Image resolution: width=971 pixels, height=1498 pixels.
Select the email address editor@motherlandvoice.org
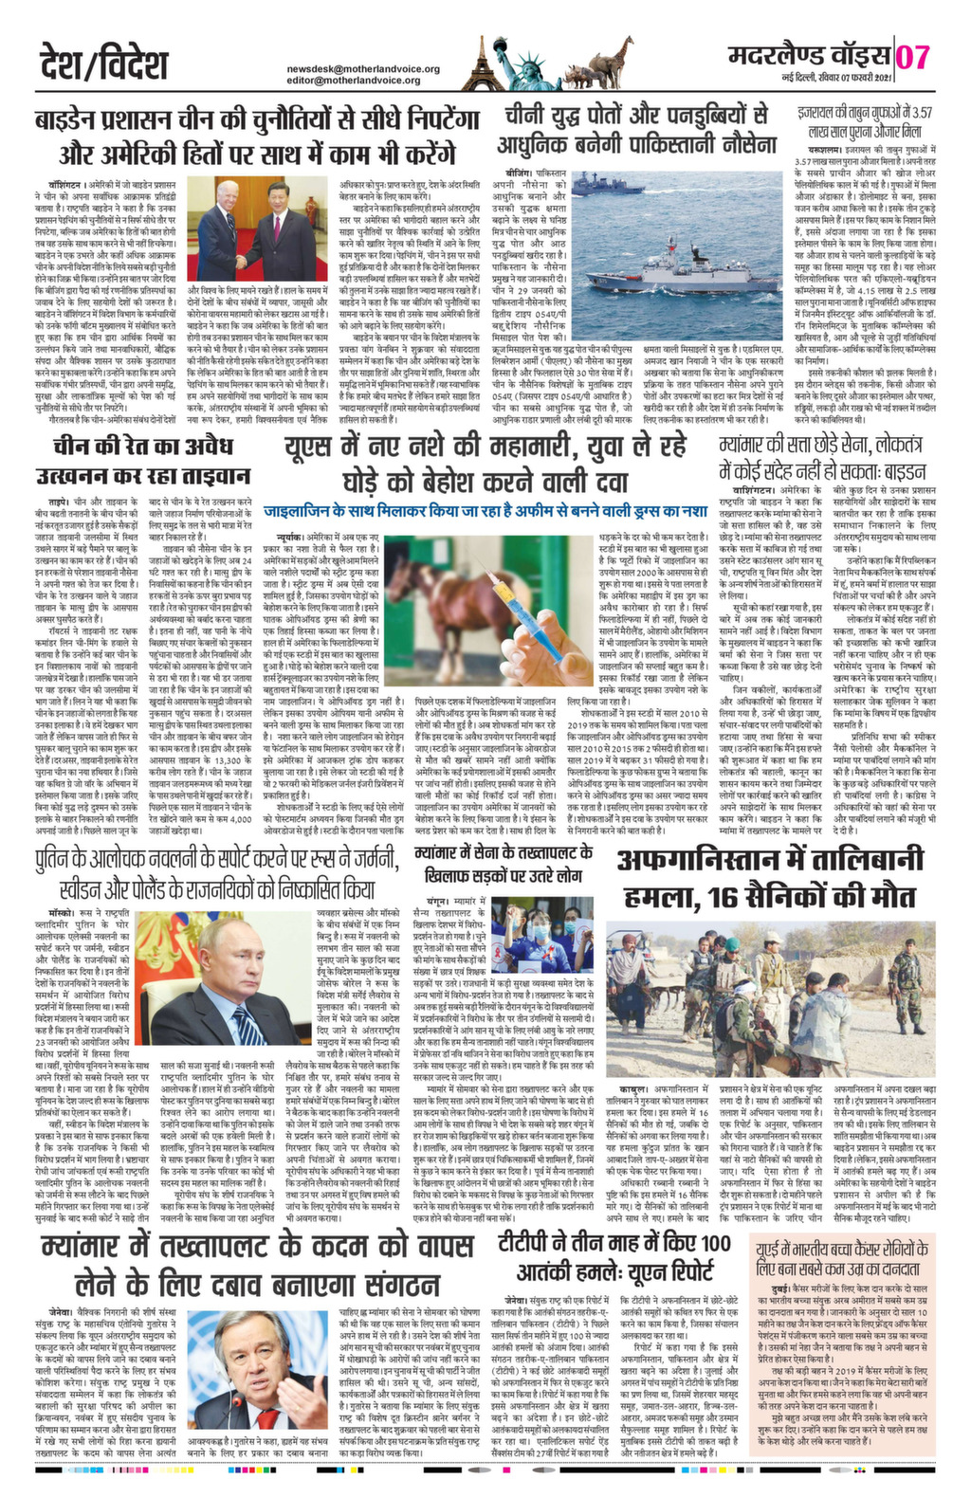point(354,81)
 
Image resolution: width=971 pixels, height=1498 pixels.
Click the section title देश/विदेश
point(105,64)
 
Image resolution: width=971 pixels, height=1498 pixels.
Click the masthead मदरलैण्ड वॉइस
point(805,54)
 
